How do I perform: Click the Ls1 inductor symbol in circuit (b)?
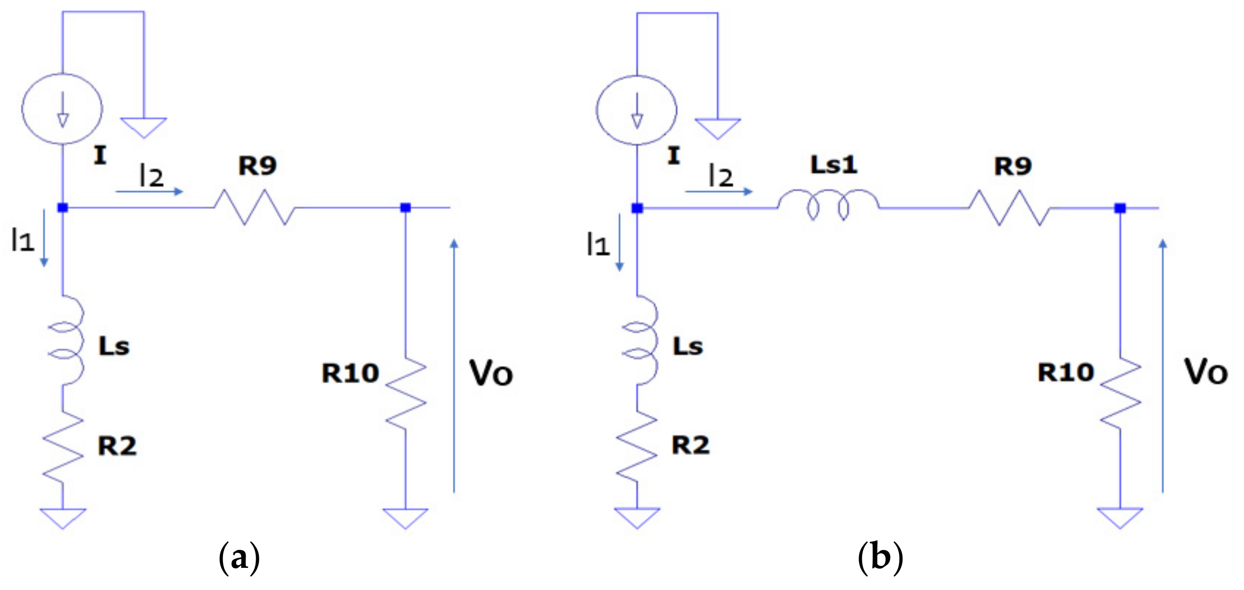click(x=828, y=205)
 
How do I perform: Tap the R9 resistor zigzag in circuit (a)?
click(x=254, y=207)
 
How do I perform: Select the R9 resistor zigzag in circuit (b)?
click(x=1009, y=208)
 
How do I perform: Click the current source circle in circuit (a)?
click(x=62, y=109)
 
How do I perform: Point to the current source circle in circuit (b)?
click(x=636, y=109)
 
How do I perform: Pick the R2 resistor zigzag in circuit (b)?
click(x=636, y=446)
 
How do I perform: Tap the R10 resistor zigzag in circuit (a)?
click(x=406, y=393)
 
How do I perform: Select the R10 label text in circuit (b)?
click(x=1066, y=372)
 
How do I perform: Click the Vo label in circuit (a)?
click(x=491, y=374)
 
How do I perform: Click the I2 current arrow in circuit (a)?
click(x=149, y=192)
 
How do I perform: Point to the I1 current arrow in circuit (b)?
click(x=620, y=242)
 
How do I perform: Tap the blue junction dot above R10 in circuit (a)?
click(x=406, y=208)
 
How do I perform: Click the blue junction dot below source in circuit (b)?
click(x=637, y=208)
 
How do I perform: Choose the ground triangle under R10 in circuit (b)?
click(x=1120, y=517)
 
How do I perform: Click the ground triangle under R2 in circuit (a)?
click(x=63, y=518)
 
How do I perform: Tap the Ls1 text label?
click(x=834, y=165)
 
